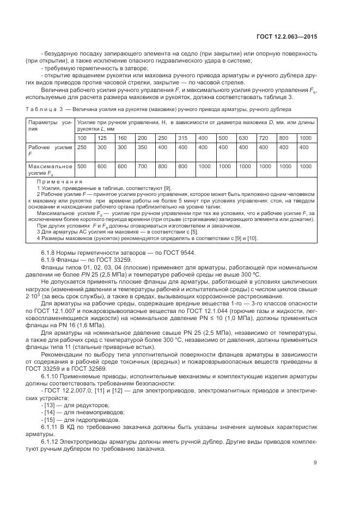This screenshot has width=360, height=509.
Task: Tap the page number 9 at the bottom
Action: (315, 463)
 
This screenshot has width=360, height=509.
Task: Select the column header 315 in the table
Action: (183, 138)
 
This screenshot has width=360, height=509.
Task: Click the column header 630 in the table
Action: (243, 138)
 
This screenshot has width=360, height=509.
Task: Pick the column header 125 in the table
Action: (102, 138)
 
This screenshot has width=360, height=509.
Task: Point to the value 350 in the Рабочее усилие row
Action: (143, 148)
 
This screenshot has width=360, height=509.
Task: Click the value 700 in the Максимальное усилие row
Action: (143, 166)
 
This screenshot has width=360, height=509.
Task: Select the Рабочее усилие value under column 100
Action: (82, 148)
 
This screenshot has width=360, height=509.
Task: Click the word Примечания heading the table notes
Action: (59, 181)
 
